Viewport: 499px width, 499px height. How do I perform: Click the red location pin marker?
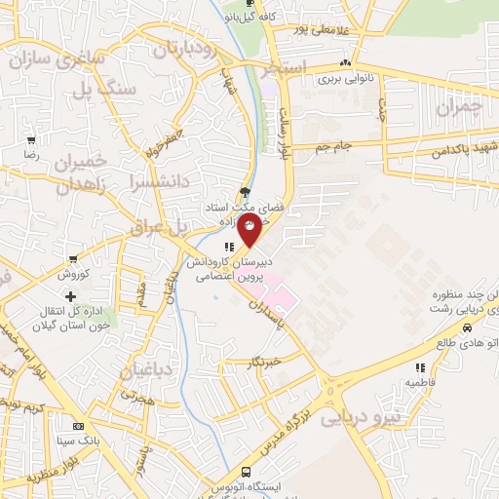pos(250,231)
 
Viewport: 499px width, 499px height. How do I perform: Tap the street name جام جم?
pos(332,147)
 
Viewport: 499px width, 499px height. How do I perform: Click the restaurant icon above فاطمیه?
pos(421,367)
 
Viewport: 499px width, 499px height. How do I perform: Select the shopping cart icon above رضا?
pos(31,140)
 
